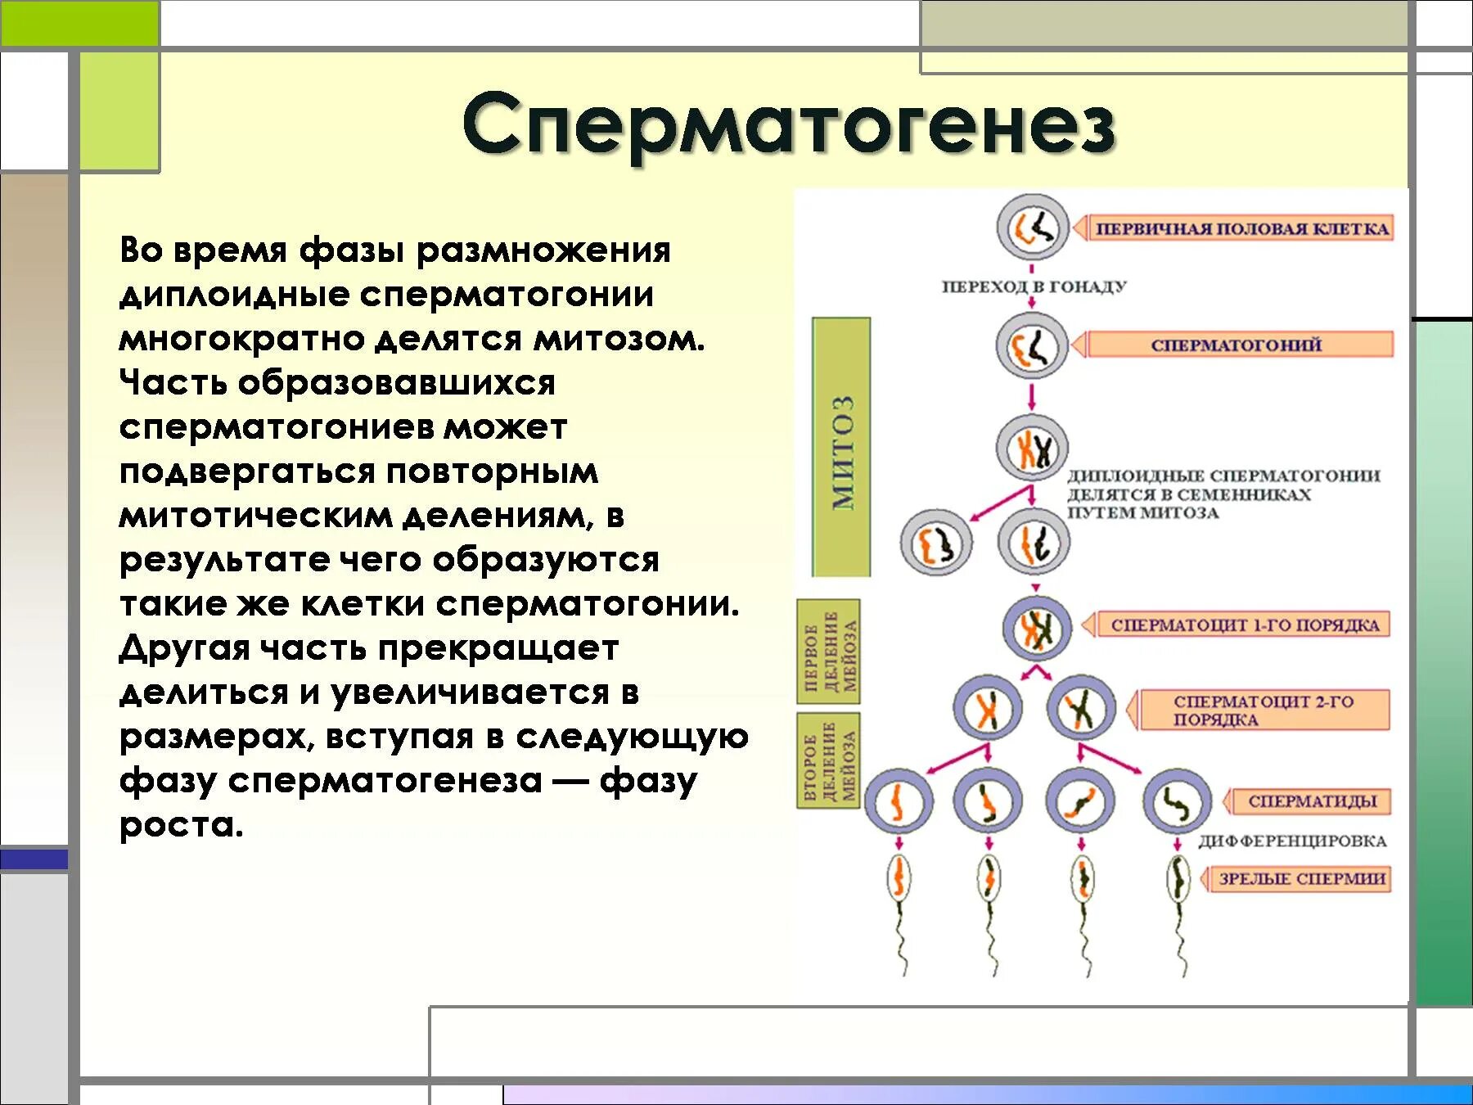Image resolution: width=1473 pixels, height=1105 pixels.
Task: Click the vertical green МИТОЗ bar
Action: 841,448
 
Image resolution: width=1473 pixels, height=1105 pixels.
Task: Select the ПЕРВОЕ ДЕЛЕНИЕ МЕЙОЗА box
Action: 829,652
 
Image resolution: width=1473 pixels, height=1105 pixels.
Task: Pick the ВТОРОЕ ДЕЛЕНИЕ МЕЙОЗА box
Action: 829,760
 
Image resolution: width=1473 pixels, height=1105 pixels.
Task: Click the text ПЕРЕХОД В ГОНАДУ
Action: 1034,286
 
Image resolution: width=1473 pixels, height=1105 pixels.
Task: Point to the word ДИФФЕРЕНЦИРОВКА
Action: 1292,841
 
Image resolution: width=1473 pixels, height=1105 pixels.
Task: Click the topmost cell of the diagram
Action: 1033,228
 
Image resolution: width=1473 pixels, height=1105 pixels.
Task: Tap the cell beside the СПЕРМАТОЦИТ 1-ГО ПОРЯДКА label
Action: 1037,629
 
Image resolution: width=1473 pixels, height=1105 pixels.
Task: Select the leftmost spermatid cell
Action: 898,802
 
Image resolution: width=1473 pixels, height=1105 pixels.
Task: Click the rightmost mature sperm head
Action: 1178,880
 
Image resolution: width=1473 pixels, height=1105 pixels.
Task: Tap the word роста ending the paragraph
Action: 181,824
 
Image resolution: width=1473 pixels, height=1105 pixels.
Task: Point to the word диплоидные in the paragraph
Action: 234,295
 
